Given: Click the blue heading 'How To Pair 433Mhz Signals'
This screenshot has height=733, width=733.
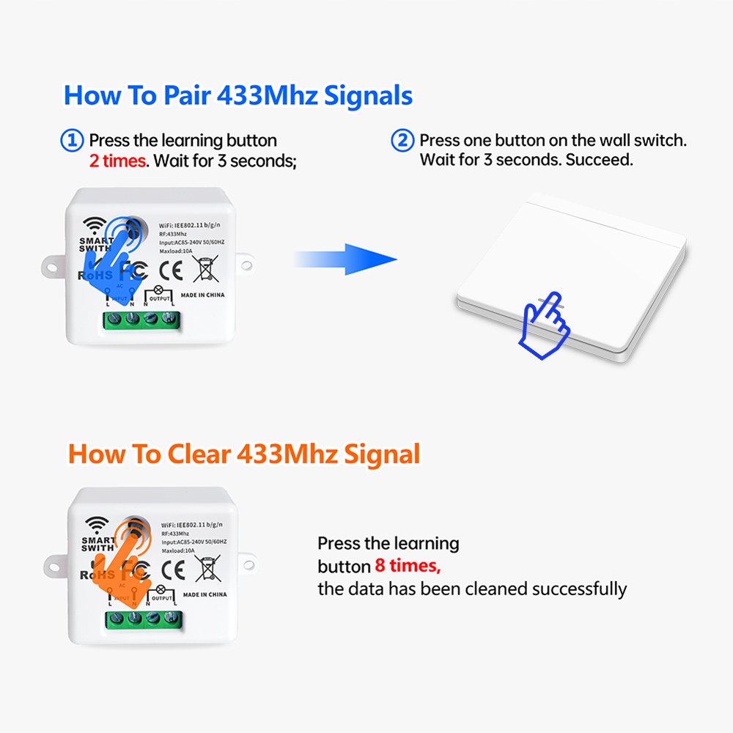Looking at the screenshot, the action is click(x=238, y=96).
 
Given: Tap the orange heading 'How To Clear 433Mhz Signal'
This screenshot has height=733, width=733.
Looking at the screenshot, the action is click(x=244, y=454).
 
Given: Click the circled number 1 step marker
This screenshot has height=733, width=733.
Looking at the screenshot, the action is click(x=71, y=140).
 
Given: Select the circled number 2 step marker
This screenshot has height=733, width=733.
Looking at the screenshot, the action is click(x=402, y=140).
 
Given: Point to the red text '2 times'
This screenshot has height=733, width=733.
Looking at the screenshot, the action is click(x=117, y=161).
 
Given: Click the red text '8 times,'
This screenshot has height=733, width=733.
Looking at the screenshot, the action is click(x=408, y=566).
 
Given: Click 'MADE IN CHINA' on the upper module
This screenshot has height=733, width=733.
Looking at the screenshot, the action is click(x=203, y=295).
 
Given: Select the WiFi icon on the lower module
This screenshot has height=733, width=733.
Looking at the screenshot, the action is click(x=96, y=523).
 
